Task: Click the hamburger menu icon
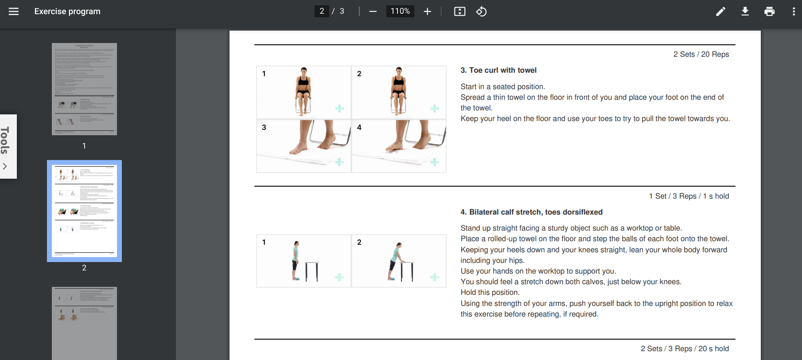coord(14,12)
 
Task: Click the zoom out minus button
coord(373,12)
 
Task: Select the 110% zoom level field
coord(400,12)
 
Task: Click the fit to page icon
coord(459,12)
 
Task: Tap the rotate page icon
coord(482,12)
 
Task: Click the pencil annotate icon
coord(720,12)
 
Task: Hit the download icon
coord(745,12)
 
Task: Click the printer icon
coord(770,12)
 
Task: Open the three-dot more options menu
coord(793,12)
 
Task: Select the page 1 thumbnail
coord(84,89)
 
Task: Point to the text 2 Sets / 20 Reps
coord(701,54)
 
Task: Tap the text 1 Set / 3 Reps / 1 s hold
coord(689,196)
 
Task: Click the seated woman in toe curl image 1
coord(304,91)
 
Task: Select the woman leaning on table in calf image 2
coord(396,262)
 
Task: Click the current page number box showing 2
coord(322,12)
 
